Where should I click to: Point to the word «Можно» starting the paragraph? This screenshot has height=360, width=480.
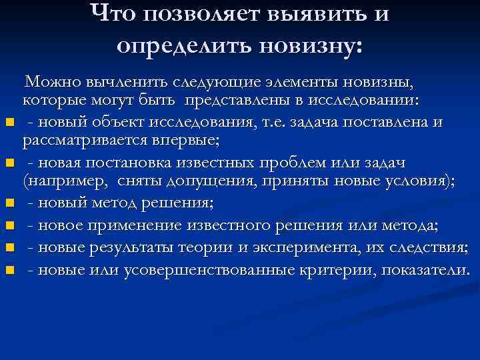coord(53,83)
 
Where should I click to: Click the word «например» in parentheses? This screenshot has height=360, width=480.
coord(66,183)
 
